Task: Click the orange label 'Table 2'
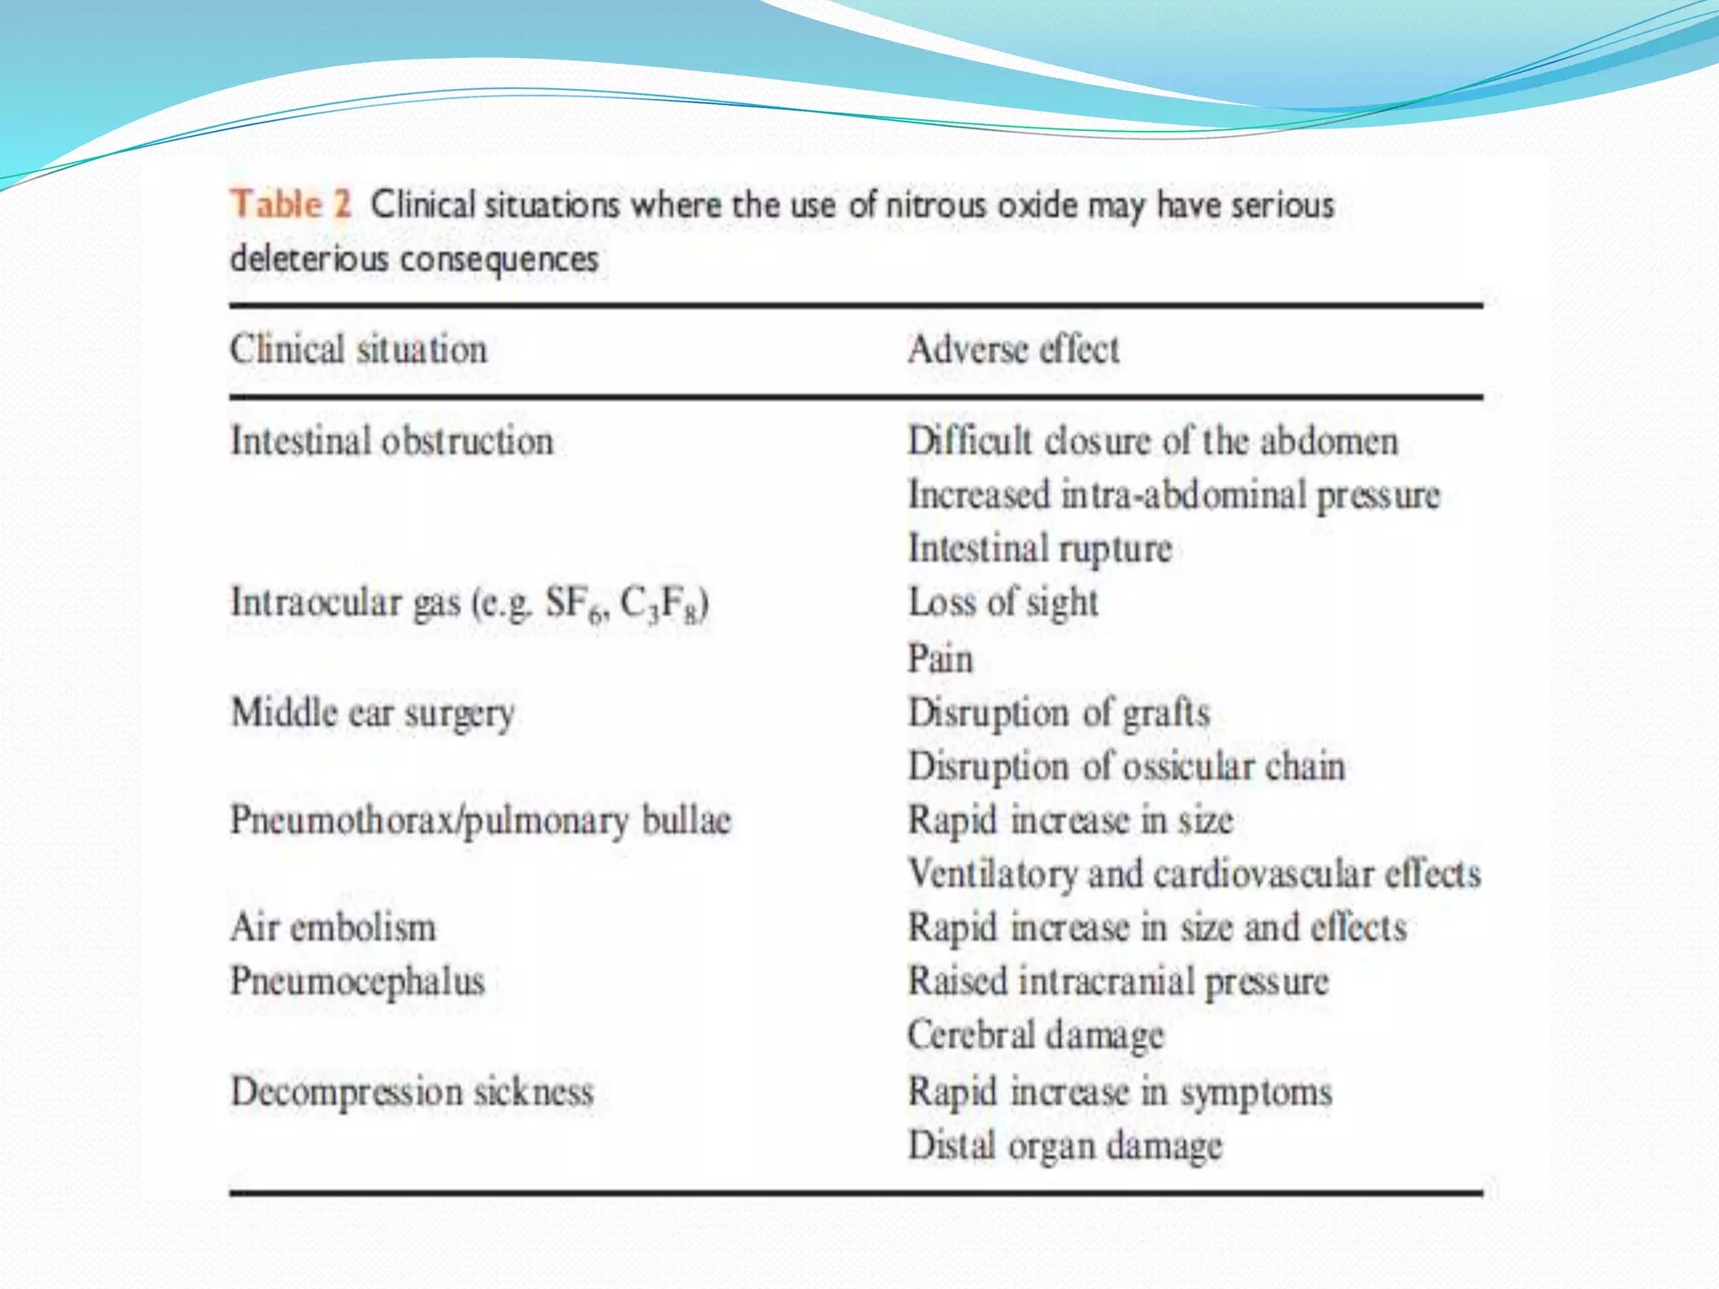(x=290, y=204)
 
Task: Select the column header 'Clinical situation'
(x=358, y=349)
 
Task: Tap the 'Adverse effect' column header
(x=1013, y=349)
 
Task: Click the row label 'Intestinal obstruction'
(x=392, y=441)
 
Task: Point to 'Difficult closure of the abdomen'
(x=1152, y=441)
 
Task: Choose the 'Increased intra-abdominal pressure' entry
(x=1173, y=495)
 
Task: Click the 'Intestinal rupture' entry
(x=1040, y=549)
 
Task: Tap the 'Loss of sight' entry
(x=1003, y=603)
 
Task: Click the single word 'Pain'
(x=940, y=658)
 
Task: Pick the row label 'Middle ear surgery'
(x=373, y=713)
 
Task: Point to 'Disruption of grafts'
(x=1059, y=713)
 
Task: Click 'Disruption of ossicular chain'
(x=1126, y=767)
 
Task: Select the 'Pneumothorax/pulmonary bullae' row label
(x=481, y=821)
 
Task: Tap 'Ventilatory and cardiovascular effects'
(x=1194, y=874)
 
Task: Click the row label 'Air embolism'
(x=333, y=928)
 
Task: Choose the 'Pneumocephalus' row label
(x=358, y=982)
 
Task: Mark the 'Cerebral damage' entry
(x=1036, y=1036)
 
